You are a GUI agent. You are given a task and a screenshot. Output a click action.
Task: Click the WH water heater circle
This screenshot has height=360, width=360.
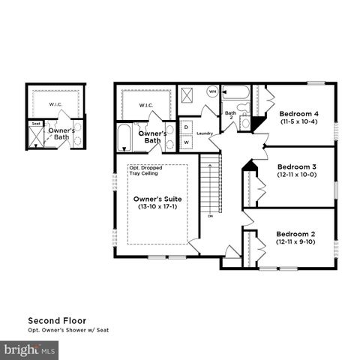pyautogui.click(x=212, y=91)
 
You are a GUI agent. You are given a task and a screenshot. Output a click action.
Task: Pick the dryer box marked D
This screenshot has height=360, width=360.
pyautogui.click(x=186, y=127)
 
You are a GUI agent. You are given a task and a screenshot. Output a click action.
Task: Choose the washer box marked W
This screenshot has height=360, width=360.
pyautogui.click(x=186, y=142)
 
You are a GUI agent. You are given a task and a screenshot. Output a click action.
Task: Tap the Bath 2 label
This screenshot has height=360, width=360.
pyautogui.click(x=231, y=114)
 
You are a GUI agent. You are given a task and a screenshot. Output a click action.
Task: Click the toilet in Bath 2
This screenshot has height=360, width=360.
pyautogui.click(x=245, y=120)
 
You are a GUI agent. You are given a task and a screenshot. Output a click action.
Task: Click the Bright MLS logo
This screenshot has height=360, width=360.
pyautogui.click(x=30, y=349)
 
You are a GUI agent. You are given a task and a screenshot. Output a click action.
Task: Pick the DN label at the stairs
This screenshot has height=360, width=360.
pyautogui.click(x=211, y=216)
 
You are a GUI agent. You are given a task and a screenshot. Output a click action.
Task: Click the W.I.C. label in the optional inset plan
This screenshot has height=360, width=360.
pyautogui.click(x=55, y=104)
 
